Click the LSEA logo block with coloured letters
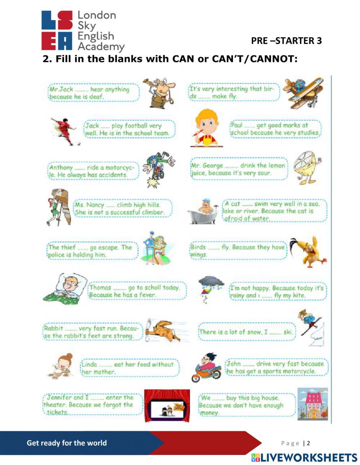coord(57,30)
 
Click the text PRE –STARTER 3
coord(286,41)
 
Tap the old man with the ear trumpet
coord(159,94)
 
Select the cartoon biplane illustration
coord(303,93)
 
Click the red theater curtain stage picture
coord(167,406)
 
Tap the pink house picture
coord(312,404)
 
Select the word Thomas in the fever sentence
coord(100,287)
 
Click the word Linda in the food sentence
coord(90,364)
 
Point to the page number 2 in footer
coord(308,443)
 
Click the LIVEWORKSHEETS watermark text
coord(304,457)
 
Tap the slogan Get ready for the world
coord(67,443)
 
